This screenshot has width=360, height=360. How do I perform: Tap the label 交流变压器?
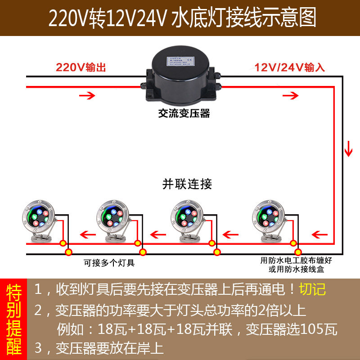(184, 113)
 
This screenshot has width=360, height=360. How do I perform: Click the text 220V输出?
(81, 68)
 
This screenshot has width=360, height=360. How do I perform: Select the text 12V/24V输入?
(290, 68)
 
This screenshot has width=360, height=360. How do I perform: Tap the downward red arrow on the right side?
(348, 148)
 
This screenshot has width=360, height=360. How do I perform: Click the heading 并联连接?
(187, 184)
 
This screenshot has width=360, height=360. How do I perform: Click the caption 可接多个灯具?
(109, 262)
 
